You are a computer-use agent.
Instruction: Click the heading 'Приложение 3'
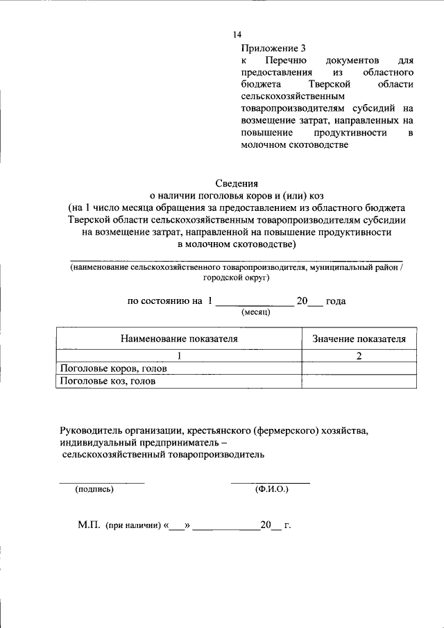[x=273, y=49]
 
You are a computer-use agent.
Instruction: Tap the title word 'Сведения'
[x=237, y=183]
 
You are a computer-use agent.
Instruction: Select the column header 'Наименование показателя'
[x=179, y=339]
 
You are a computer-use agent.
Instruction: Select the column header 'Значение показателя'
[x=359, y=339]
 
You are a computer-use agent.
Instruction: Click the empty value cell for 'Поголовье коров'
[x=359, y=368]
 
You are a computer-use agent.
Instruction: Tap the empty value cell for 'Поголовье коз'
[x=359, y=381]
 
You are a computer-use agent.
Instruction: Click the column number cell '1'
[x=179, y=356]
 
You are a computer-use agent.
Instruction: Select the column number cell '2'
[x=359, y=356]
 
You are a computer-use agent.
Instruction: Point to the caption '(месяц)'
[x=255, y=312]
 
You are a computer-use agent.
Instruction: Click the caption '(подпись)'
[x=94, y=489]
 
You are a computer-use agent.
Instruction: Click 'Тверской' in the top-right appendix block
[x=326, y=85]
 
